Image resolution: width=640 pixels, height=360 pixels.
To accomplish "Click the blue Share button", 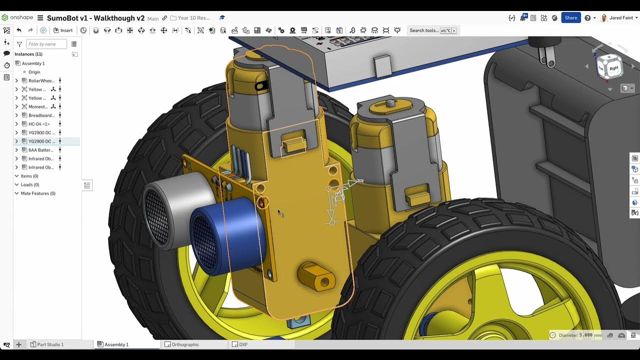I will (570, 17).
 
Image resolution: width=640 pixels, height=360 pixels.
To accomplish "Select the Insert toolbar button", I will (63, 30).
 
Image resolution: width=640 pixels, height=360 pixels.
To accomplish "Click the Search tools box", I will (432, 30).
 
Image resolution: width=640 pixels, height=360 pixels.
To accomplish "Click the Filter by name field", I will (46, 44).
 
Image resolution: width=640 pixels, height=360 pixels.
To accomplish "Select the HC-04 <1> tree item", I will (39, 124).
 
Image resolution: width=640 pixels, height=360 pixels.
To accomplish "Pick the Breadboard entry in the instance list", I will (41, 115).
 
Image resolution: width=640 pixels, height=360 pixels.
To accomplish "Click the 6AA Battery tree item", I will (40, 150).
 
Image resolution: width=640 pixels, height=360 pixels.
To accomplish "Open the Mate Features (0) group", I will (38, 193).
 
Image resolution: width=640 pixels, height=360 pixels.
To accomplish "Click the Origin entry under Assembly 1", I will (34, 72).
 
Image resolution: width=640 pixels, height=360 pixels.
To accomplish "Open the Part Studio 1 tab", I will (50, 344).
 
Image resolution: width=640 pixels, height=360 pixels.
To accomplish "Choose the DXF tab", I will (243, 344).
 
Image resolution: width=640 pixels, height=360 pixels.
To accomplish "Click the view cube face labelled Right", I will (614, 67).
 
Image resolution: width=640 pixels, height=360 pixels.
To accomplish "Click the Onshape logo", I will (18, 18).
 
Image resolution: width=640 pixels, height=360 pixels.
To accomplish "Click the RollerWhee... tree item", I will (41, 81).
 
